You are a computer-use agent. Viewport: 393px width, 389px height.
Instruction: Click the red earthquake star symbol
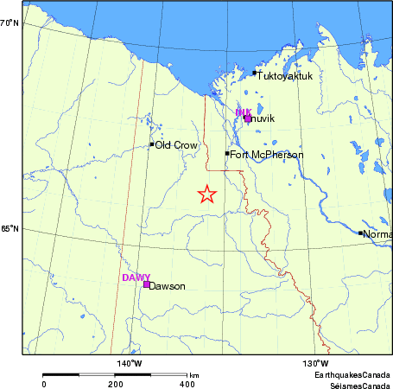point(206,194)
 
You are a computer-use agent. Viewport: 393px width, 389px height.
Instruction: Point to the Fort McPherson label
point(267,155)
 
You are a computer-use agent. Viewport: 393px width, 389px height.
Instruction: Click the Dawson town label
point(168,286)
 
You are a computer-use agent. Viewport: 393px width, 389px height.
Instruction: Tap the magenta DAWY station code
point(136,277)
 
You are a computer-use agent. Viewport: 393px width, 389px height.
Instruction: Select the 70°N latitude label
point(10,22)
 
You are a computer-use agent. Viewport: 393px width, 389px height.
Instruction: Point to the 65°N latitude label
point(10,229)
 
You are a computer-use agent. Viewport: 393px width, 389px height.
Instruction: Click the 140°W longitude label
point(130,363)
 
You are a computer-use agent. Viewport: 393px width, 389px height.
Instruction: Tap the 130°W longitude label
point(314,363)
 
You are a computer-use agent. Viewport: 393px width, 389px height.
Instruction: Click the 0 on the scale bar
point(44,383)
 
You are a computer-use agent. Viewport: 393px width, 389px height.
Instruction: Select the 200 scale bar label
point(115,383)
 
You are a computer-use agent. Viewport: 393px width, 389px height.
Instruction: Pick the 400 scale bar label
point(186,383)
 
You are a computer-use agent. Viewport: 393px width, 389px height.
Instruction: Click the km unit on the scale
point(195,375)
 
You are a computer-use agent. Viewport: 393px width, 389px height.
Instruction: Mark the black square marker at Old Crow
point(151,144)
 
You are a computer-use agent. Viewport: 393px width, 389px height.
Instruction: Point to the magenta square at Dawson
point(146,284)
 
